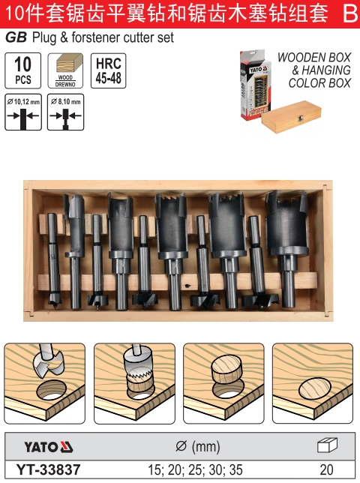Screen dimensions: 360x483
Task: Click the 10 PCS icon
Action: (x=23, y=70)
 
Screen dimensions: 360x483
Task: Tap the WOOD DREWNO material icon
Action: (x=65, y=70)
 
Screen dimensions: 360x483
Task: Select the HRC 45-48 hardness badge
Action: (x=109, y=70)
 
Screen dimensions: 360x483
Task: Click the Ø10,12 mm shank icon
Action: (x=23, y=112)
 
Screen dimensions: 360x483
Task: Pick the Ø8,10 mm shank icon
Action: (x=65, y=112)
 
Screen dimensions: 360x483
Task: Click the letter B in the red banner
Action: (x=350, y=13)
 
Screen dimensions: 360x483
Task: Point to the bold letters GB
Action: (x=16, y=37)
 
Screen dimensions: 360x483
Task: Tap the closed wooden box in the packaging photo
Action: (x=291, y=117)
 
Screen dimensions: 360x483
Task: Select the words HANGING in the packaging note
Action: (x=326, y=70)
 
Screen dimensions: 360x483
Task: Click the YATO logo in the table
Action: (x=48, y=447)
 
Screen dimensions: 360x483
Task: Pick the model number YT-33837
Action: (x=48, y=470)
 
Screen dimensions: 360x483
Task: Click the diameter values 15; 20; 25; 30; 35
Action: (x=195, y=470)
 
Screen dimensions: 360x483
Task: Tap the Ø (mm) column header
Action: (x=198, y=447)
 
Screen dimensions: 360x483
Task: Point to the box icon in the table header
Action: (x=327, y=445)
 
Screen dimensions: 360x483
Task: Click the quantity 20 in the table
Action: (x=326, y=470)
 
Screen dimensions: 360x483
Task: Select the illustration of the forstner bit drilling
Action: (x=45, y=383)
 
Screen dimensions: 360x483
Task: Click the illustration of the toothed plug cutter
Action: (x=134, y=383)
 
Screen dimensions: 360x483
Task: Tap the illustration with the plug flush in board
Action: (x=313, y=383)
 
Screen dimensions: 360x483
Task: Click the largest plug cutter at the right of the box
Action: (x=286, y=240)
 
